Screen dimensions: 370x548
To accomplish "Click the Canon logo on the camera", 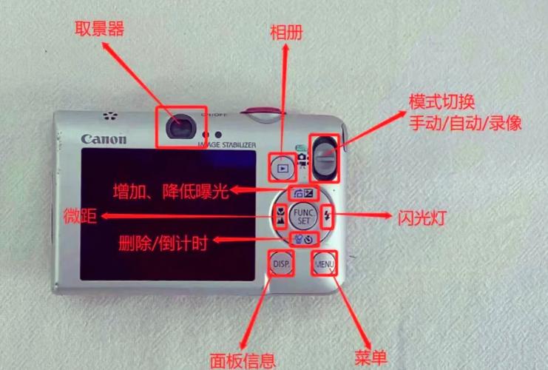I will tap(104, 139).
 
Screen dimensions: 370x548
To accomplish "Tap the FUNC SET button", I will tap(302, 217).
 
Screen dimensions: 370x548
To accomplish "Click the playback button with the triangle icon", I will tap(282, 168).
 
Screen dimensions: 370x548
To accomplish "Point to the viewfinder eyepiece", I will tap(178, 127).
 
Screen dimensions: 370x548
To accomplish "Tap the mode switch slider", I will tap(324, 158).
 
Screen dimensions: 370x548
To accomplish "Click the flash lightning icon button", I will tap(329, 217).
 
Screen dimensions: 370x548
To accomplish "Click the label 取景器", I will tap(98, 29).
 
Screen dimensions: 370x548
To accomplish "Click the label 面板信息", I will tap(243, 360).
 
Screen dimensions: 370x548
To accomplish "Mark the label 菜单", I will tap(371, 358).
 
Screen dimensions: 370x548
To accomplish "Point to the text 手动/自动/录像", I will tap(465, 123).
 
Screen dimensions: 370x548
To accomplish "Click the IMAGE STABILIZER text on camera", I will tap(226, 144).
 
